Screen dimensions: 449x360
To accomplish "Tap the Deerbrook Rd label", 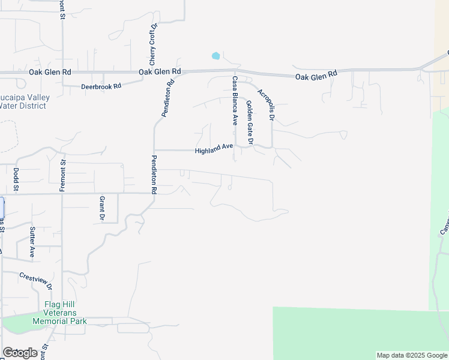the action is tap(101, 86).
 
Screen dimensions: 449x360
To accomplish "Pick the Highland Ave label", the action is tap(214, 150).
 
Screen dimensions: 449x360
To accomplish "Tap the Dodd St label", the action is tap(16, 179).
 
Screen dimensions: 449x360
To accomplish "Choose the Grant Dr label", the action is tap(102, 208).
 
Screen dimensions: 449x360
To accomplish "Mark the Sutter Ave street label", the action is tap(32, 242).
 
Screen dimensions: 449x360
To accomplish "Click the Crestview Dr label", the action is tap(36, 281).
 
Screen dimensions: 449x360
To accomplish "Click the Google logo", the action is tap(20, 353).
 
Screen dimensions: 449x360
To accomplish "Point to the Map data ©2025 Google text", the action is tap(412, 355).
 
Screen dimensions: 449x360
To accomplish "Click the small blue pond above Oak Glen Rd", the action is tap(215, 56).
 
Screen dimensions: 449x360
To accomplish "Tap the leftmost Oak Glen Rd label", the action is tap(50, 72).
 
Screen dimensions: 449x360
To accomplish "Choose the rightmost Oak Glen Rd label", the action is tap(316, 75).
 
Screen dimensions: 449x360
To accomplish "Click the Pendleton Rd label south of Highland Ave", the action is tap(154, 174).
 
